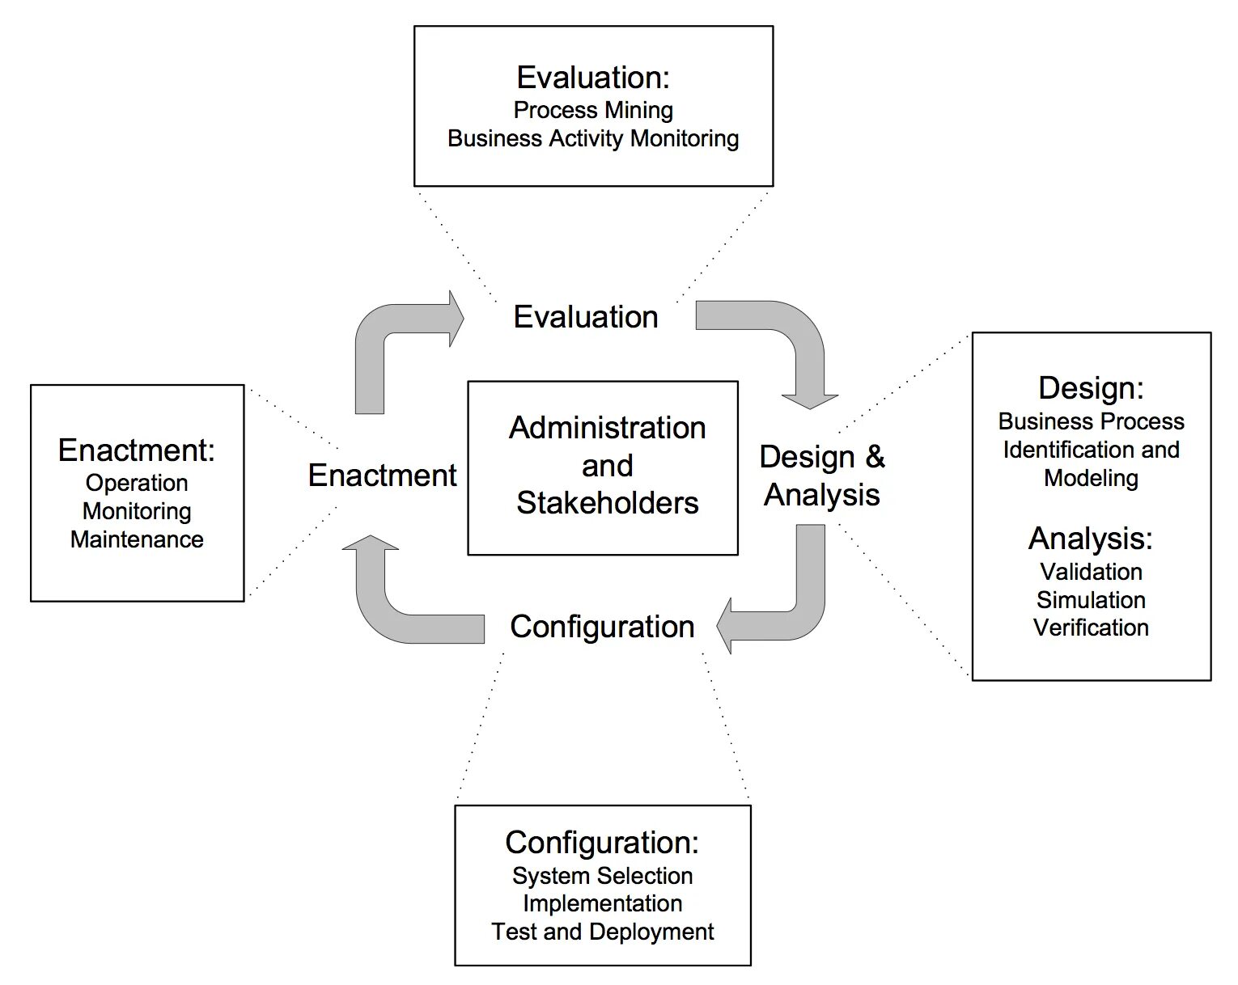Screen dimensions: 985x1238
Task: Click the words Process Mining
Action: pyautogui.click(x=593, y=110)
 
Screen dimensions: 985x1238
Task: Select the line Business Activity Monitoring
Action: pyautogui.click(x=593, y=138)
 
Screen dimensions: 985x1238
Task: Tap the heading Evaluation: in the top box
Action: pyautogui.click(x=593, y=78)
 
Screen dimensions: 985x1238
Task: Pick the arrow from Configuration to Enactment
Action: pyautogui.click(x=388, y=607)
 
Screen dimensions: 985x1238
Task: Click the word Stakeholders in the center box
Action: pyautogui.click(x=607, y=503)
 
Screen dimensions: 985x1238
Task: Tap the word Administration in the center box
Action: pyautogui.click(x=607, y=428)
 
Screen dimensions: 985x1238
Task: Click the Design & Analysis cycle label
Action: pyautogui.click(x=822, y=476)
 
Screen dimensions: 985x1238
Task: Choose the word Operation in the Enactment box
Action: pyautogui.click(x=137, y=483)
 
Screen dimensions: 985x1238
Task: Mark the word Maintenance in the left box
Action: pyautogui.click(x=137, y=539)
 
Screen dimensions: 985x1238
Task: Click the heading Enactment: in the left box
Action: pyautogui.click(x=137, y=450)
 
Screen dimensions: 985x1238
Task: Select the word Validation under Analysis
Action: pyautogui.click(x=1091, y=572)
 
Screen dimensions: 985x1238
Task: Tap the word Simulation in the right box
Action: pyautogui.click(x=1091, y=600)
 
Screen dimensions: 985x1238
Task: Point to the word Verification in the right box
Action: pyautogui.click(x=1091, y=628)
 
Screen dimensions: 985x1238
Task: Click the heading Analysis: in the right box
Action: pyautogui.click(x=1091, y=538)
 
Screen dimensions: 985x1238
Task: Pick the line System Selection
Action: pyautogui.click(x=603, y=876)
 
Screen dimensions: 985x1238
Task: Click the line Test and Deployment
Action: pyautogui.click(x=603, y=932)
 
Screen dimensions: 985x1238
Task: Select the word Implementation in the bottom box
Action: pyautogui.click(x=603, y=903)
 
